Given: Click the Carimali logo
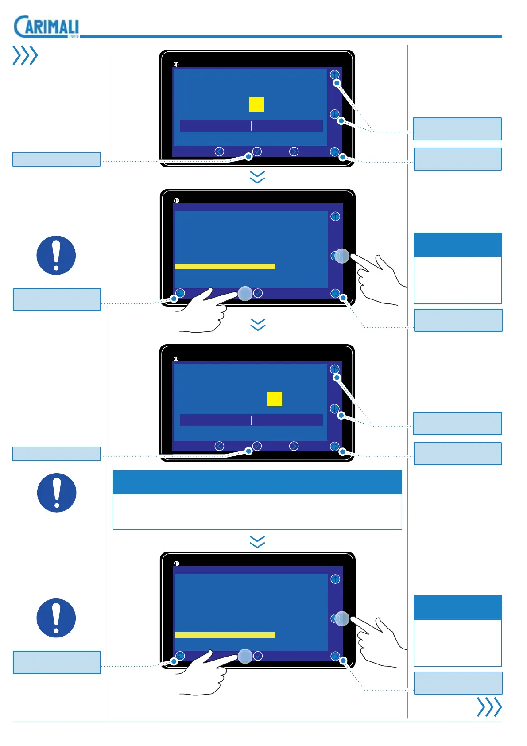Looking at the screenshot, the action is (x=46, y=27).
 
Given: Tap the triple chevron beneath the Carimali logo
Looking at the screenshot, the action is (x=25, y=55).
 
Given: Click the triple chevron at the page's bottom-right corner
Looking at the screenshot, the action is (x=489, y=707).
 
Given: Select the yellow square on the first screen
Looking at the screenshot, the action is (x=256, y=104).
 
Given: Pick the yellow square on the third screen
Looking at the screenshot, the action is (x=275, y=399).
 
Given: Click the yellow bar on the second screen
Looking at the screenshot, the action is (x=225, y=266).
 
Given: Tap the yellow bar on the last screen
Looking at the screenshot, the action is (x=225, y=635).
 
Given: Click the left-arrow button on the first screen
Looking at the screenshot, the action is (x=219, y=152).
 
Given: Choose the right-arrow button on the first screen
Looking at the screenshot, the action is (x=294, y=152).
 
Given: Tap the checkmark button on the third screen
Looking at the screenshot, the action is (x=257, y=446).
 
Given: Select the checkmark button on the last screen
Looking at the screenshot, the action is (x=258, y=656).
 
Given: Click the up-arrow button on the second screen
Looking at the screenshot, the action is (x=335, y=216).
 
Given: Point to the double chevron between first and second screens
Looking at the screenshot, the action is (x=257, y=177).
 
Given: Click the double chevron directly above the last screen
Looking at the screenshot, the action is (x=257, y=542).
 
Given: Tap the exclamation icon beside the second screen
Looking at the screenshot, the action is (x=56, y=255).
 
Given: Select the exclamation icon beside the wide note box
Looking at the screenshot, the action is (x=57, y=493).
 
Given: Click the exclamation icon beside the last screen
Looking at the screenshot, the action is (x=56, y=618).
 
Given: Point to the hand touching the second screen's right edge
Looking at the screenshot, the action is (x=379, y=277).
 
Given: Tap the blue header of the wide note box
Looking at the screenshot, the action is (x=257, y=482).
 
